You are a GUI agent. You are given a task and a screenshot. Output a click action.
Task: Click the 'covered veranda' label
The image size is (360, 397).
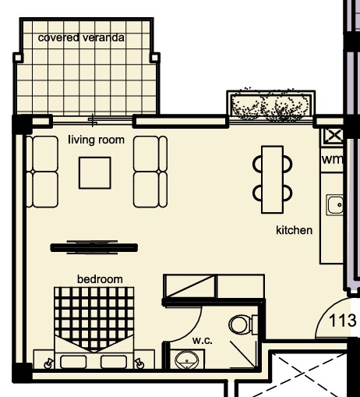click(81, 37)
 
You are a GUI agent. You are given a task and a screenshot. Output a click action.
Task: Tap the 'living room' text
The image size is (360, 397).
click(96, 140)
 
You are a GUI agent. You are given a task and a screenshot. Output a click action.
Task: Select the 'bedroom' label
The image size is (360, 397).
click(100, 279)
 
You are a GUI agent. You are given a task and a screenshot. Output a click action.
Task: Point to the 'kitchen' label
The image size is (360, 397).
click(294, 230)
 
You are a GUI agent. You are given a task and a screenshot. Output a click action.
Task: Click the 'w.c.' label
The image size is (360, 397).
click(203, 340)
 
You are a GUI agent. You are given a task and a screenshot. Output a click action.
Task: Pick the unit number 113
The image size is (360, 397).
click(342, 321)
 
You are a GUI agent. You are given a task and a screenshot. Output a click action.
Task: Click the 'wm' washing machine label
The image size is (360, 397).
click(332, 159)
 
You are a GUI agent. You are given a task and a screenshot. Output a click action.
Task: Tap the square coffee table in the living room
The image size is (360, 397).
click(95, 173)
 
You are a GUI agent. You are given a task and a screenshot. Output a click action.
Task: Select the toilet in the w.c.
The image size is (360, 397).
click(243, 324)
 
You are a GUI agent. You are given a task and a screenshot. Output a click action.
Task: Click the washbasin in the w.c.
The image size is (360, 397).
click(187, 360)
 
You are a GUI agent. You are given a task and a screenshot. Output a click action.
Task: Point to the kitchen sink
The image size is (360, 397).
click(334, 205)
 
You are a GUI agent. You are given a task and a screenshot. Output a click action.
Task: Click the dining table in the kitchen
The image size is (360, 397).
click(273, 179)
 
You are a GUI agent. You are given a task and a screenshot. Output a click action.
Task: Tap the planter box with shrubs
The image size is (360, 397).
click(271, 106)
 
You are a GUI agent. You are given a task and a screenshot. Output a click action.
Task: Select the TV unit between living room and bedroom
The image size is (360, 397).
click(94, 247)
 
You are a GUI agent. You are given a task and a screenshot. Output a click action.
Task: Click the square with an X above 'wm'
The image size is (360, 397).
click(334, 136)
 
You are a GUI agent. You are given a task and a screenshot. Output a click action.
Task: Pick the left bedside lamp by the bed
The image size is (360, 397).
click(48, 363)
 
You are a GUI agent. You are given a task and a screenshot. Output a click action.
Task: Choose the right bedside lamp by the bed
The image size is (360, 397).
click(139, 363)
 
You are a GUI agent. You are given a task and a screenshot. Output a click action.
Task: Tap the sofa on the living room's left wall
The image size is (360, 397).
click(42, 172)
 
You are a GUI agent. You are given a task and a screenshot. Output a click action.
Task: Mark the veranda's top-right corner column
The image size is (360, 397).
click(155, 58)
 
